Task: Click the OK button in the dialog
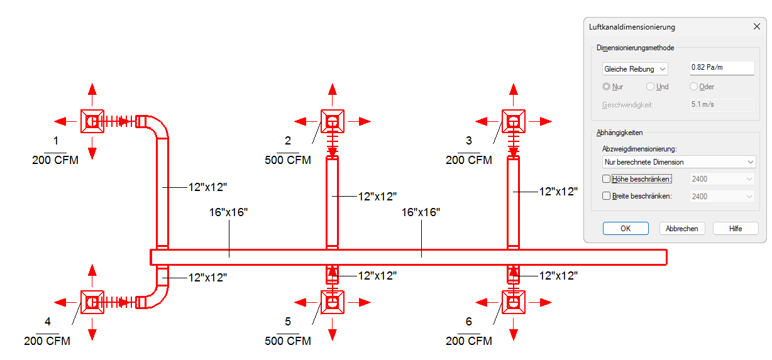(626, 229)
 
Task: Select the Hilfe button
(736, 229)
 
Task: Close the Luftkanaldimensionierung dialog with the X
(757, 26)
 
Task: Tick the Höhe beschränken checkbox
(606, 179)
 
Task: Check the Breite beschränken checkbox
(606, 195)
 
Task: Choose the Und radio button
(650, 87)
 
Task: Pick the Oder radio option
(693, 87)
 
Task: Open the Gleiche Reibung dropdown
(635, 69)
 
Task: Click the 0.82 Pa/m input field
(722, 68)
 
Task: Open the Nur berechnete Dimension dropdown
(679, 162)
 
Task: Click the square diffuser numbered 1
(92, 121)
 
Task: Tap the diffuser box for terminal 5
(332, 302)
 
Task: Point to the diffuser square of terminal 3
(514, 121)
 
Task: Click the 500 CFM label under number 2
(288, 160)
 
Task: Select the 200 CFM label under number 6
(469, 341)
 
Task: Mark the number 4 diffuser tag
(48, 322)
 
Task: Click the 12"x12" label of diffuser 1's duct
(207, 187)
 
